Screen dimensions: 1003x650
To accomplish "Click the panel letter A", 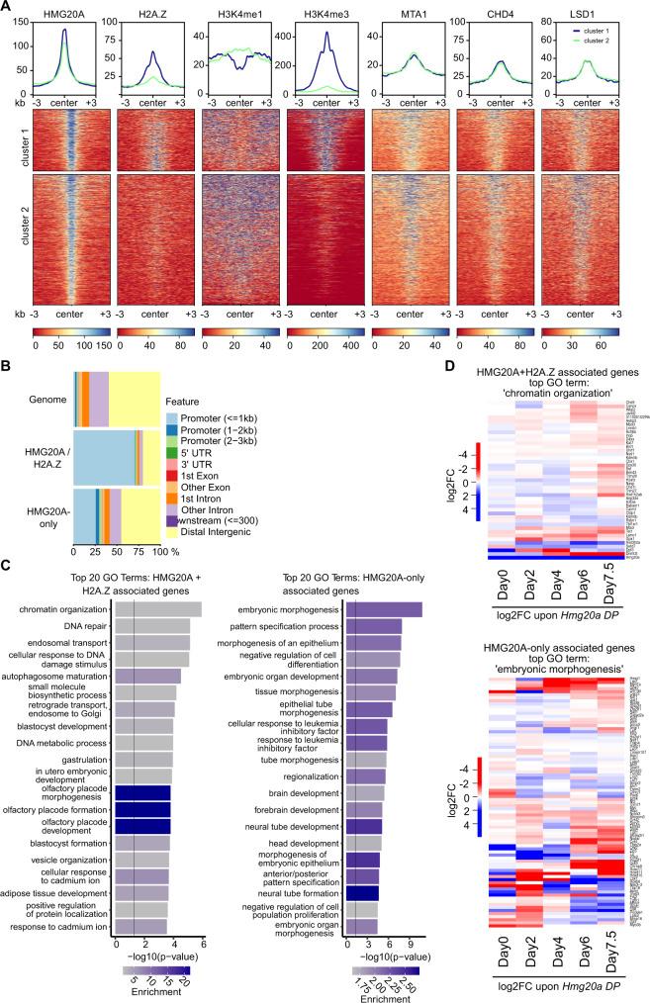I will pos(7,7).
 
